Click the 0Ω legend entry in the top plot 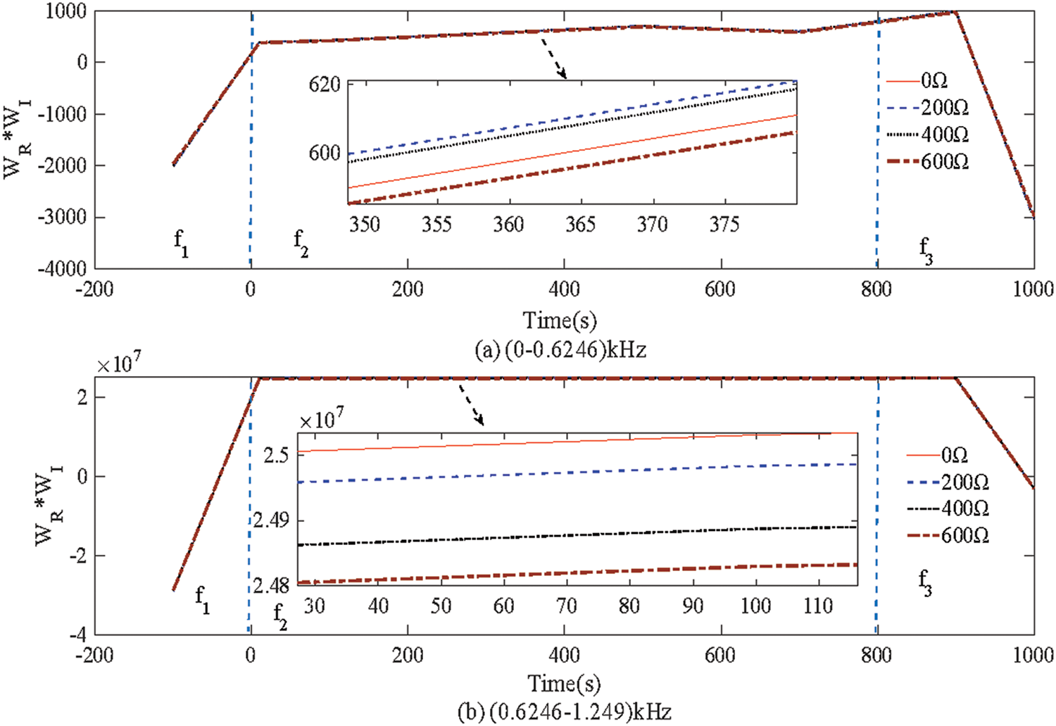click(x=934, y=81)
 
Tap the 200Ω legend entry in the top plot click(x=944, y=108)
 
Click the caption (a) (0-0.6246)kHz click(x=560, y=349)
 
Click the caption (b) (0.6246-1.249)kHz click(x=563, y=712)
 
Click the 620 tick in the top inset click(x=325, y=85)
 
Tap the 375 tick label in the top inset click(x=724, y=225)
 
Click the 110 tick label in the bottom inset click(x=818, y=606)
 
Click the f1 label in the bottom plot click(x=203, y=599)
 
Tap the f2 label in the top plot click(x=301, y=243)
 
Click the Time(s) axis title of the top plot click(x=560, y=321)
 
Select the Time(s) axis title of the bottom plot click(x=563, y=683)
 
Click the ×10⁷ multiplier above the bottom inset click(x=321, y=420)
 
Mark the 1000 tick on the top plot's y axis click(x=66, y=11)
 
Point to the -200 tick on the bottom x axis click(x=95, y=655)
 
